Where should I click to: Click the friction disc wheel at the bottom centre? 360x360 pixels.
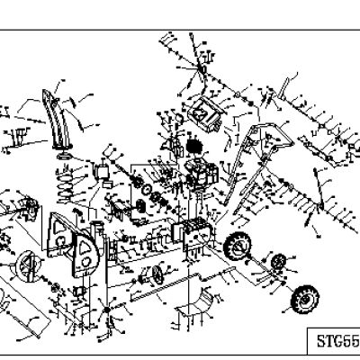[161, 274]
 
